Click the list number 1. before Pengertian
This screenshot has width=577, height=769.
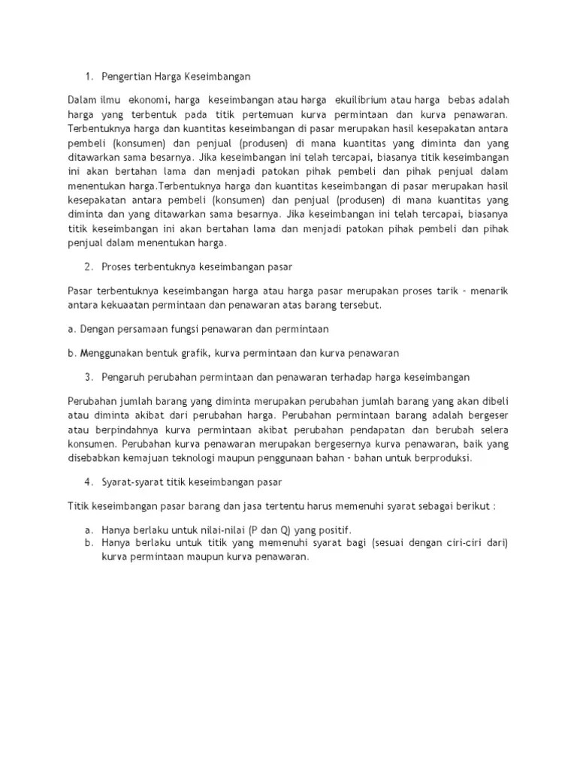88,76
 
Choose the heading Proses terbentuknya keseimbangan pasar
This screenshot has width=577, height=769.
197,267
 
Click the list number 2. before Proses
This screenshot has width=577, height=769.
88,267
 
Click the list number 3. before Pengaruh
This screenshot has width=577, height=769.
88,375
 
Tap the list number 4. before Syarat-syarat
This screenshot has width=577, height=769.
88,481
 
